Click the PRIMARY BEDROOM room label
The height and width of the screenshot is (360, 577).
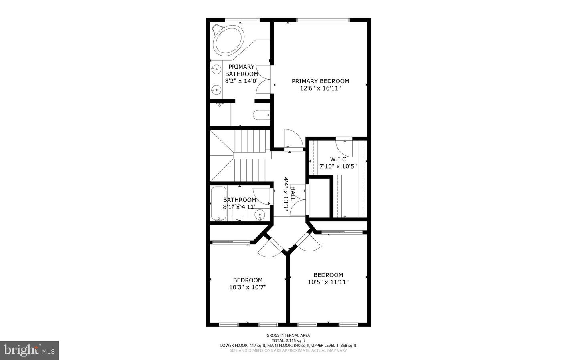tap(320, 81)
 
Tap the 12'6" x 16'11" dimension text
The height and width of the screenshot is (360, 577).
tap(320, 88)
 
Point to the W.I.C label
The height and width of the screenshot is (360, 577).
tap(338, 159)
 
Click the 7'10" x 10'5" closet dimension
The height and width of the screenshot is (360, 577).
tap(338, 166)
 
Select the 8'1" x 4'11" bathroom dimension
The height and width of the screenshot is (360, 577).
tap(240, 207)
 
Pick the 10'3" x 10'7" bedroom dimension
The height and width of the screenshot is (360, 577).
tap(248, 287)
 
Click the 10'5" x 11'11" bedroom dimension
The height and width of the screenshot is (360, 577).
tap(328, 282)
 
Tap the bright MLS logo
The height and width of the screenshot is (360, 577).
tap(29, 350)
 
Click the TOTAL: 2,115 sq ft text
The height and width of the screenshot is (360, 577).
tap(288, 340)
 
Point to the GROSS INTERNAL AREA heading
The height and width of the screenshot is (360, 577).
tap(288, 336)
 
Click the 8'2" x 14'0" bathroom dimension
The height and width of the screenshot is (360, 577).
tap(242, 81)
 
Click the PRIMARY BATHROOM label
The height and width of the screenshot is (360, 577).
tap(242, 70)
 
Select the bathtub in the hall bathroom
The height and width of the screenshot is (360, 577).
tap(218, 203)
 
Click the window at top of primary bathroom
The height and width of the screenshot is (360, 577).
tap(242, 20)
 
